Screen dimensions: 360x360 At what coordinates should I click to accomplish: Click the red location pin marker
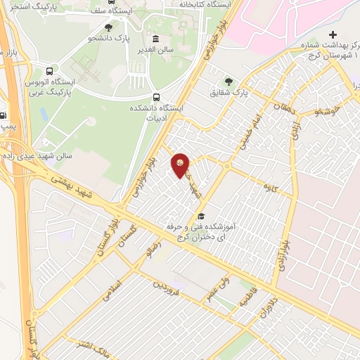(x=181, y=165)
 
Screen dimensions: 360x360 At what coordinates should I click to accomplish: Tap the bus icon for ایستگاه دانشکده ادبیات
(x=156, y=98)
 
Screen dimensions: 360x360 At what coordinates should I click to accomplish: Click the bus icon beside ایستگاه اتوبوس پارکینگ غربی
(x=49, y=71)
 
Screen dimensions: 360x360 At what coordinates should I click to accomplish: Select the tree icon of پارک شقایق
(x=227, y=81)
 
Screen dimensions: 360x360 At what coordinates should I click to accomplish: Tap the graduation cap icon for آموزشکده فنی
(x=201, y=216)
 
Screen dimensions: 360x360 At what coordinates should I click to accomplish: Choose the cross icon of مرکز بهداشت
(x=333, y=34)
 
